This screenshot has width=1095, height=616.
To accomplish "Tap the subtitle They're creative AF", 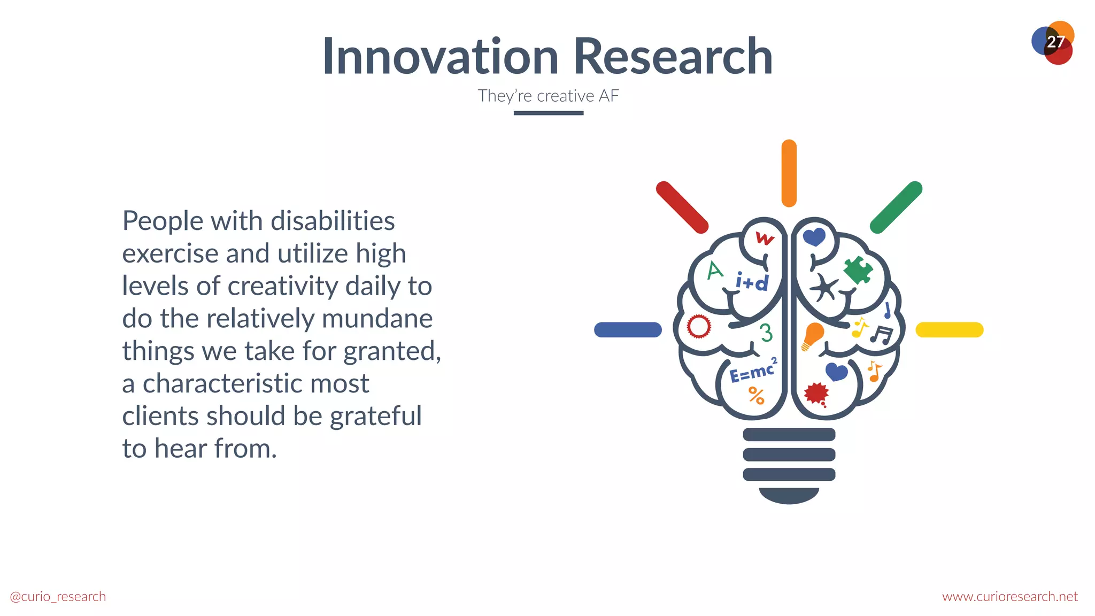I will (x=548, y=96).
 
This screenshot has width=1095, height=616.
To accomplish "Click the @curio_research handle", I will (x=58, y=596).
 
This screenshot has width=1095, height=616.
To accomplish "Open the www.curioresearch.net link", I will (x=1009, y=596).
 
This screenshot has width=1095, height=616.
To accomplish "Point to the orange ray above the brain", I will (x=789, y=173).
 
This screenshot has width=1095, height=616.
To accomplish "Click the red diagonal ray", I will (x=682, y=207).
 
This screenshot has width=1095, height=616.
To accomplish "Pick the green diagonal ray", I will (x=896, y=207).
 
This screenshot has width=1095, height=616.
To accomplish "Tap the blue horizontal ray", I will (x=628, y=329).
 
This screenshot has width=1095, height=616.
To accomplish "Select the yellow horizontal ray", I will (x=950, y=329).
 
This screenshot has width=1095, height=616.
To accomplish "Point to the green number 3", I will (x=766, y=333).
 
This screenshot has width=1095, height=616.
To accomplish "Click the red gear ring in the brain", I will (x=699, y=326).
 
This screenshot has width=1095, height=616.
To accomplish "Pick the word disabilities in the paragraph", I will (x=333, y=221).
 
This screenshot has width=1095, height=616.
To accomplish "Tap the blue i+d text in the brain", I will (x=752, y=281).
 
